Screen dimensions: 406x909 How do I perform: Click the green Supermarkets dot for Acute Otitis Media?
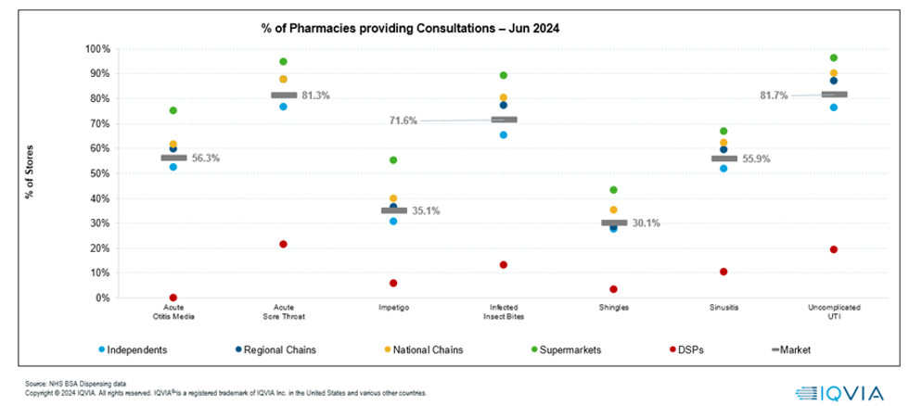coord(173,110)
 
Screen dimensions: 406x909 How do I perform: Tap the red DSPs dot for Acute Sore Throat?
coord(283,244)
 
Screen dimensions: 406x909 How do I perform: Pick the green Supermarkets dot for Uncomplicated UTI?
coord(833,57)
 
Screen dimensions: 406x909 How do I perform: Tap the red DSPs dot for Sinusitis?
coord(723,272)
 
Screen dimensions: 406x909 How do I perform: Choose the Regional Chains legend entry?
coord(274,349)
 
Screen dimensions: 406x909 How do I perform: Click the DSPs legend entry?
coord(696,349)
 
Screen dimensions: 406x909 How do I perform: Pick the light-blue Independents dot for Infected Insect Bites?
coord(503,134)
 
